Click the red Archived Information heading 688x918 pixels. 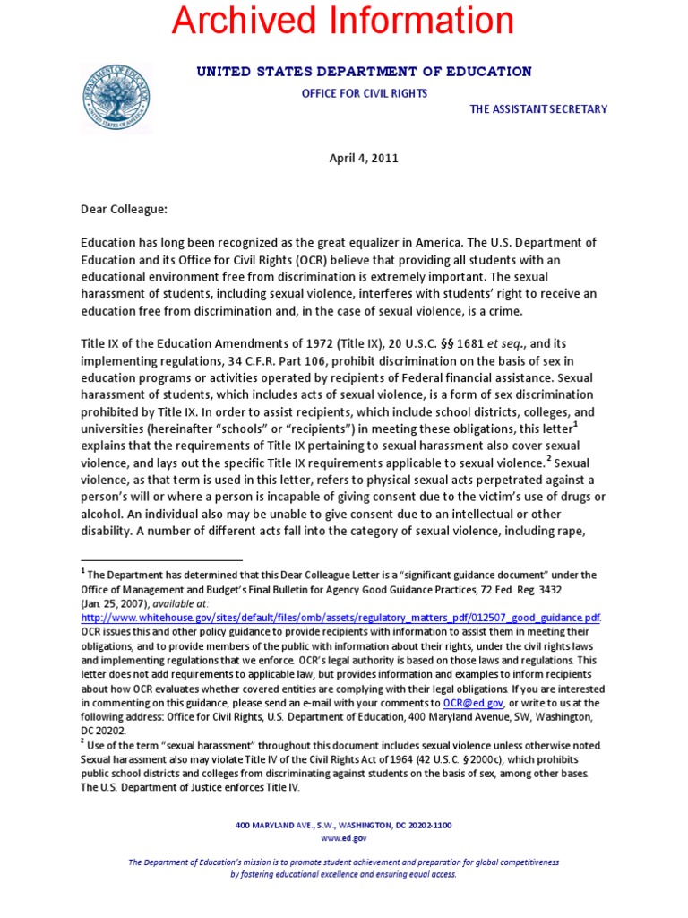click(x=344, y=22)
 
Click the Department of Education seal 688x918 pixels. click(x=116, y=98)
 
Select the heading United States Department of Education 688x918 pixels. click(x=364, y=72)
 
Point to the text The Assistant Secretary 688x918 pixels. click(x=538, y=109)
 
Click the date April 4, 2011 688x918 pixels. click(x=364, y=159)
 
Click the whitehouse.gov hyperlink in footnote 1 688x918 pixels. click(x=340, y=619)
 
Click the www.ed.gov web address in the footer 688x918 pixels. click(x=344, y=838)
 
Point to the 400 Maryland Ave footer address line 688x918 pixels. click(x=344, y=825)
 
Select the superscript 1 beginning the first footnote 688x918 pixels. click(x=83, y=572)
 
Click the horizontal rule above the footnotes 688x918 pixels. click(x=161, y=560)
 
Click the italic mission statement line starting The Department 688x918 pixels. click(x=344, y=862)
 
